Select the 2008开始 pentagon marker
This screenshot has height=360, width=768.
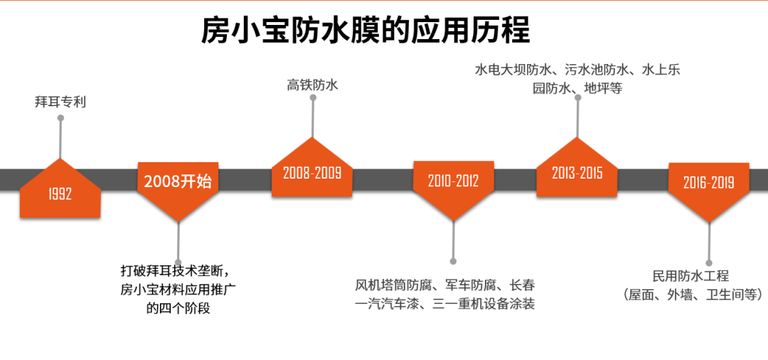(x=178, y=182)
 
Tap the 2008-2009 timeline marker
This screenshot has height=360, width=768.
(x=312, y=172)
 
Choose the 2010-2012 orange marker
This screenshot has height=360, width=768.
(x=453, y=182)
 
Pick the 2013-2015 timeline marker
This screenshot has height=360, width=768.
(x=577, y=172)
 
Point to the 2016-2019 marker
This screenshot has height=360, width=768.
(x=708, y=183)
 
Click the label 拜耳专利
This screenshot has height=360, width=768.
(x=60, y=102)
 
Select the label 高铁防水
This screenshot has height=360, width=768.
(x=312, y=85)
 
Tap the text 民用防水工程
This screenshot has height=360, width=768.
(x=691, y=277)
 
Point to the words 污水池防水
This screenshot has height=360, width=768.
(x=597, y=70)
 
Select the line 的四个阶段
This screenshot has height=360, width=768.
(x=178, y=309)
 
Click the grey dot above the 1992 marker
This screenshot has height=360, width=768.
(x=60, y=118)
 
